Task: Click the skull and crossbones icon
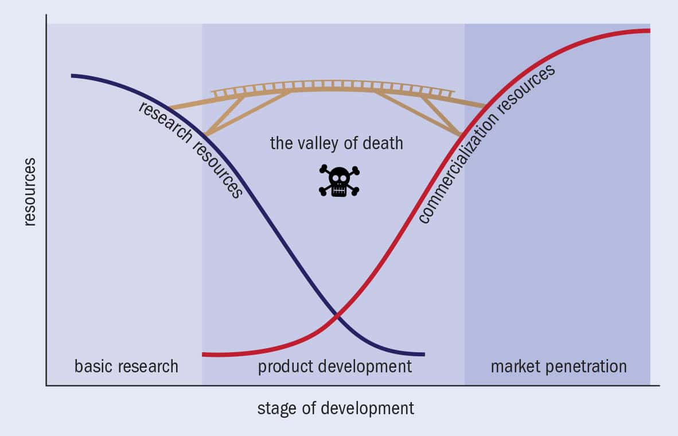[x=339, y=181]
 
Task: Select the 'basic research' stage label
[x=126, y=366]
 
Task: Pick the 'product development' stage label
[x=334, y=366]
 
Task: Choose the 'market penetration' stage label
[x=558, y=366]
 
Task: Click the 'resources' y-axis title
[x=30, y=192]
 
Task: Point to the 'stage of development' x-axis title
[x=335, y=408]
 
